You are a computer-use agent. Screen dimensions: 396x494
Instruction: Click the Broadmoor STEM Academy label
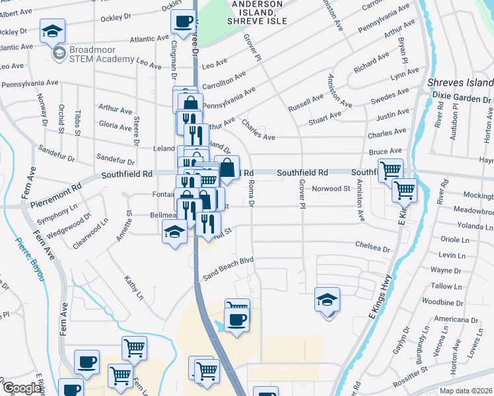tap(102, 54)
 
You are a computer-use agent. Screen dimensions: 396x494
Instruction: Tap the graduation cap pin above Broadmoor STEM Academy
tap(52, 30)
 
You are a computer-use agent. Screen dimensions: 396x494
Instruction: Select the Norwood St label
tap(331, 189)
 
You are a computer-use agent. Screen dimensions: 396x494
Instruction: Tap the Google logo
tap(21, 388)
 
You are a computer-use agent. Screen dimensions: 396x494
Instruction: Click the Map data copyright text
tap(466, 391)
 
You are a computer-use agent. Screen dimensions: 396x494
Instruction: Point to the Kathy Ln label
tap(133, 288)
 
